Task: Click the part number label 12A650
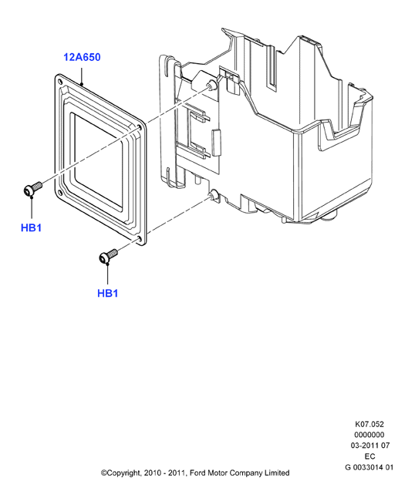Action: point(82,57)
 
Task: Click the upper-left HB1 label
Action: point(31,228)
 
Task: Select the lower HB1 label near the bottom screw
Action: point(108,293)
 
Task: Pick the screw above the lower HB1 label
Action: point(108,255)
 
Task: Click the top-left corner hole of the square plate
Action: point(60,82)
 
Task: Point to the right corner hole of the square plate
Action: point(140,127)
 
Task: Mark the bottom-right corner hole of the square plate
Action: point(139,239)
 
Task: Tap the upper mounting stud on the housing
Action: point(211,85)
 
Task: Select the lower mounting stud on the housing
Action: point(212,194)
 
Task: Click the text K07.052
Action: point(370,424)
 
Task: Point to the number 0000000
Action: point(370,435)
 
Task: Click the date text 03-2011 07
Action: point(370,446)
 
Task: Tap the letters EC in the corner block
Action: point(370,456)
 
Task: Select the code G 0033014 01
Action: point(370,467)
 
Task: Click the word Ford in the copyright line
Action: point(198,473)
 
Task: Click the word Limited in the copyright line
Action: point(277,473)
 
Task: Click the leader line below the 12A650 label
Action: point(82,74)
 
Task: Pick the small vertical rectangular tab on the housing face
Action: point(217,142)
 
